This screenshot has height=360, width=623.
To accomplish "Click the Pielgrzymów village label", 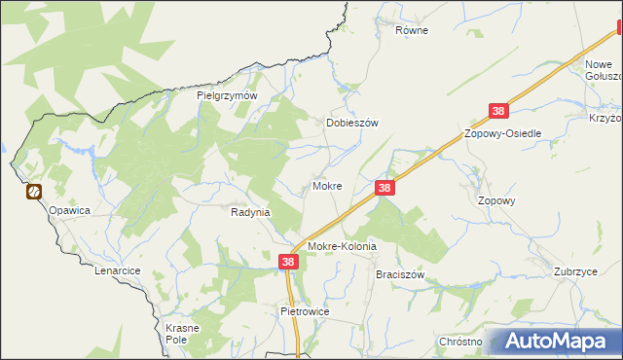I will [x=226, y=95].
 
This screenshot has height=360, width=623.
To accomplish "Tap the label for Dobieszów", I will [x=350, y=124].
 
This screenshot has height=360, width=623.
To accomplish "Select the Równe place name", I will [x=412, y=30].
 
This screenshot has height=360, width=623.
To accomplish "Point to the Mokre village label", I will [x=326, y=185].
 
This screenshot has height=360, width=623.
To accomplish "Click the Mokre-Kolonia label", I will [x=342, y=247].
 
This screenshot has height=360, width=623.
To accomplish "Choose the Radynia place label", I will [x=250, y=211].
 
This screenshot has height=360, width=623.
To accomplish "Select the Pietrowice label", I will [x=305, y=311].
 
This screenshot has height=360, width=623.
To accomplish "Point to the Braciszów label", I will [x=401, y=275].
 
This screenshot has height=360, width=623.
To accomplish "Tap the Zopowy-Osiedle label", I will [x=502, y=133].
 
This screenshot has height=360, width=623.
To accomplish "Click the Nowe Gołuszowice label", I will [x=602, y=71].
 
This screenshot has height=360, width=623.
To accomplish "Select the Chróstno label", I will [x=460, y=342].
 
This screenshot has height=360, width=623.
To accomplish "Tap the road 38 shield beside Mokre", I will [x=385, y=187].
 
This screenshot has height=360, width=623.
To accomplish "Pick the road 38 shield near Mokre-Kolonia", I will [x=288, y=262].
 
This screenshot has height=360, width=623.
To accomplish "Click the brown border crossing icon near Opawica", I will [x=34, y=192].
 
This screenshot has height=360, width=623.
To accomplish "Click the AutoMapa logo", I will [x=555, y=342].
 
